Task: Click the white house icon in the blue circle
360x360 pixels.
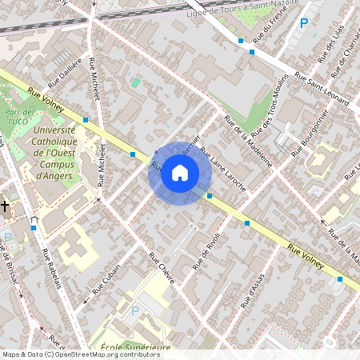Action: tap(180, 172)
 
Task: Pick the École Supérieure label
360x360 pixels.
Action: tap(136, 348)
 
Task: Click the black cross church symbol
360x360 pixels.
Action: tap(6, 206)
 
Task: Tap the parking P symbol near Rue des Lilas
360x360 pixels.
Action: tap(303, 24)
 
